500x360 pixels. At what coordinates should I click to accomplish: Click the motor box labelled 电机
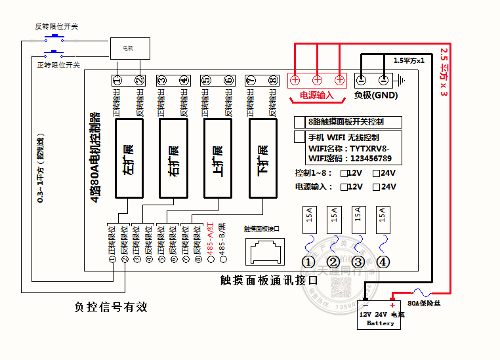pos(129,48)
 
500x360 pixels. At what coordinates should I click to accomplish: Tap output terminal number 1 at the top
pos(117,81)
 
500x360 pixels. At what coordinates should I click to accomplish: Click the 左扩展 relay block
pos(129,158)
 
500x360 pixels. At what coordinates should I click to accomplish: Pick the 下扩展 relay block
pos(262,158)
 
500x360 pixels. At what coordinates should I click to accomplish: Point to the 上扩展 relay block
pos(217,158)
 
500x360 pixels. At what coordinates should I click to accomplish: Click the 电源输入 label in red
pos(317,96)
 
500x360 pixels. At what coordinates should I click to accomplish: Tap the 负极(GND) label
pos(375,95)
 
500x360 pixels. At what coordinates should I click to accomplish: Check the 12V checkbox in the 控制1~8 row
pos(344,174)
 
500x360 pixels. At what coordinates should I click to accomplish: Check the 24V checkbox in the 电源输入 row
pos(377,187)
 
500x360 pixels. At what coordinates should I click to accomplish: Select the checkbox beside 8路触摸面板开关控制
pos(299,122)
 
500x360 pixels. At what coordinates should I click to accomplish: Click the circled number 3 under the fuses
pos(358,262)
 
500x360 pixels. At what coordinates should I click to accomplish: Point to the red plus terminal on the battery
pos(392,305)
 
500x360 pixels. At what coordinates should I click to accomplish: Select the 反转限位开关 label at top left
pos(56,26)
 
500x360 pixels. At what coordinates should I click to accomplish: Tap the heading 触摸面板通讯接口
pos(269,280)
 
